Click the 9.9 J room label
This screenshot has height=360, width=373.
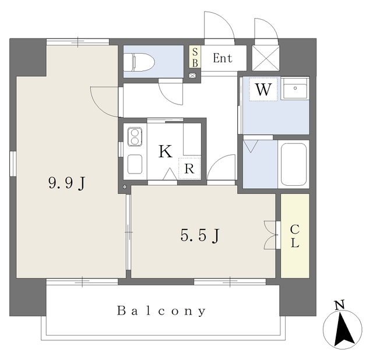point(67,183)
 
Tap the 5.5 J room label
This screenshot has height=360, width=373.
point(200,235)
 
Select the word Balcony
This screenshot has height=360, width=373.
point(161,311)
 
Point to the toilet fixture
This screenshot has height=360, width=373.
point(139,62)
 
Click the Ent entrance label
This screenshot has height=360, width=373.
point(223,58)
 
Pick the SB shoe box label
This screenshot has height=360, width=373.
point(195,57)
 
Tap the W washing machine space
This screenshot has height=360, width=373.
point(263,89)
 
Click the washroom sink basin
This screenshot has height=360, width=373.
point(295,88)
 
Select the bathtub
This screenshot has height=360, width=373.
point(294,164)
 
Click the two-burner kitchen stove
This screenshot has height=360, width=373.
point(135,137)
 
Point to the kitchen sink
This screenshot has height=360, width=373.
point(135,164)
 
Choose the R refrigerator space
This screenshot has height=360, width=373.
point(189,168)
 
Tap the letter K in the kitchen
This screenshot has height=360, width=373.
point(166,151)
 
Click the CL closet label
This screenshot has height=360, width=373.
point(295,236)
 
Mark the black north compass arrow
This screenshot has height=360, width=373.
point(344,329)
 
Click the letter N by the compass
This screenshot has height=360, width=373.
point(339,305)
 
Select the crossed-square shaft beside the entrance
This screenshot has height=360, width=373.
point(266,58)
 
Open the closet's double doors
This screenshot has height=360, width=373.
point(270,235)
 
